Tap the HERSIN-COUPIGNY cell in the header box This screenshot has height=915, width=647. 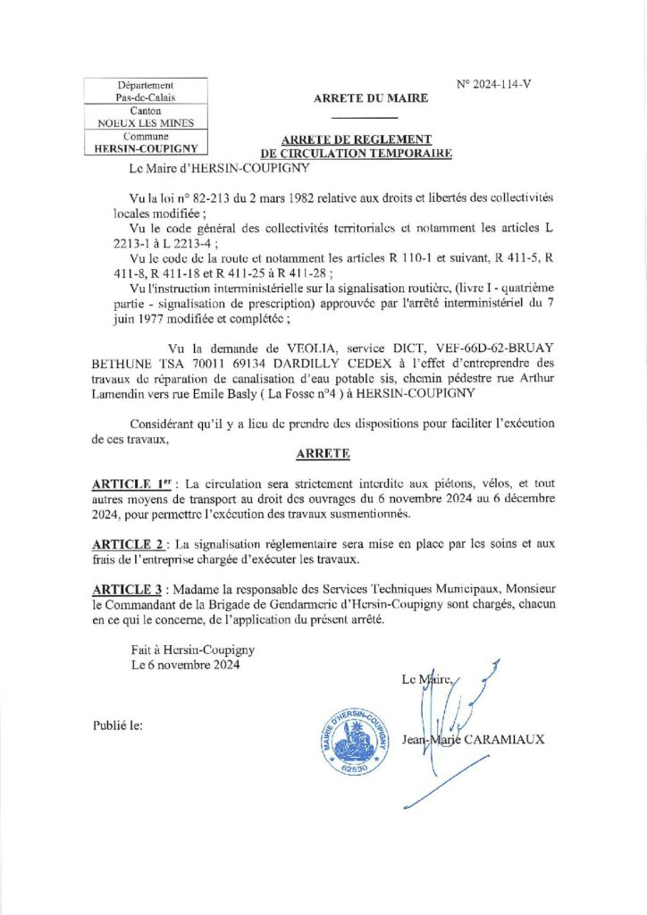point(145,149)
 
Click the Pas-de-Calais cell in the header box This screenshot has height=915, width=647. point(145,97)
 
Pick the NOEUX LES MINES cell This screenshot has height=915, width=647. point(145,123)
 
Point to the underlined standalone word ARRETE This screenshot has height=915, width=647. point(323,454)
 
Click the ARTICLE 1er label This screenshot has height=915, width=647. point(126,483)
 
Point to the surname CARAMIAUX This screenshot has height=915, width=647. point(504,739)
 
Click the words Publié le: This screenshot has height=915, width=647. point(117,726)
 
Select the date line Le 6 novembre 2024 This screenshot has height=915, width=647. point(184,665)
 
